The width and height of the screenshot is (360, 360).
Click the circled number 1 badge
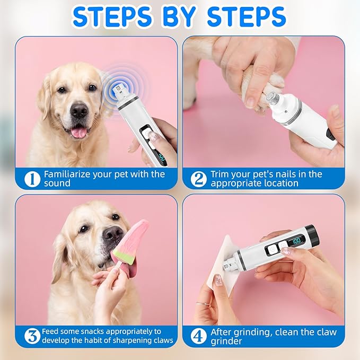(32, 179)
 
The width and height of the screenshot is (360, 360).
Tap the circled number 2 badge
(198, 179)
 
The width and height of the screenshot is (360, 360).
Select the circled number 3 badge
(32, 336)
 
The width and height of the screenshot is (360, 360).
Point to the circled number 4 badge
(198, 336)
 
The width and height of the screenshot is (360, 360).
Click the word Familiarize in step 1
(69, 174)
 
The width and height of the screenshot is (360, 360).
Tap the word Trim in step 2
(220, 174)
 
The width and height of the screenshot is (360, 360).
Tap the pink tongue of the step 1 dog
(78, 131)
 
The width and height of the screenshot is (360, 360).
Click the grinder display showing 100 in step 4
(296, 240)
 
